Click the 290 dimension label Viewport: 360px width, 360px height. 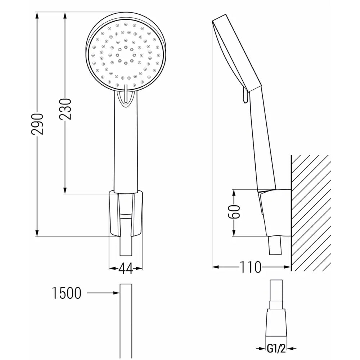pyautogui.click(x=37, y=124)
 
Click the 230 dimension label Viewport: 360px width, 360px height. pyautogui.click(x=65, y=109)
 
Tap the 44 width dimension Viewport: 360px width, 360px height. pyautogui.click(x=125, y=269)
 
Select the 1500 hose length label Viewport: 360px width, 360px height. pyautogui.click(x=67, y=293)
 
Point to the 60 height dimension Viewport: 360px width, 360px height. pyautogui.click(x=235, y=212)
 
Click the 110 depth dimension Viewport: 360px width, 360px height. pyautogui.click(x=251, y=267)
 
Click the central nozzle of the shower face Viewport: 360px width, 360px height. pyautogui.click(x=126, y=55)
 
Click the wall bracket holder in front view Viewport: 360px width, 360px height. pyautogui.click(x=126, y=215)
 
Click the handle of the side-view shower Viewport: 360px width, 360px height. pyautogui.click(x=261, y=144)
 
